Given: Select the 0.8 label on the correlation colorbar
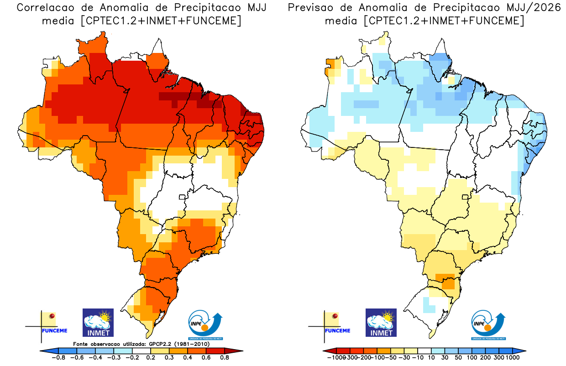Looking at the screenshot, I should point(224,358).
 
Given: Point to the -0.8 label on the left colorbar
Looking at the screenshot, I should point(58,358).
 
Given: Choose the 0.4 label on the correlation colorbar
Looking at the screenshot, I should point(187,358).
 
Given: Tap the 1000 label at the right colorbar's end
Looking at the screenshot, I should point(512,358).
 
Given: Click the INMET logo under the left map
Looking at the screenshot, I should point(98,323).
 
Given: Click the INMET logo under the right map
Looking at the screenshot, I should point(381,323).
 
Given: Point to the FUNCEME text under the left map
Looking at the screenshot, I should point(54,331).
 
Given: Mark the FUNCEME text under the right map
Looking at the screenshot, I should point(337,331).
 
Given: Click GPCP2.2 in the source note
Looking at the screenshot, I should point(163,344).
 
